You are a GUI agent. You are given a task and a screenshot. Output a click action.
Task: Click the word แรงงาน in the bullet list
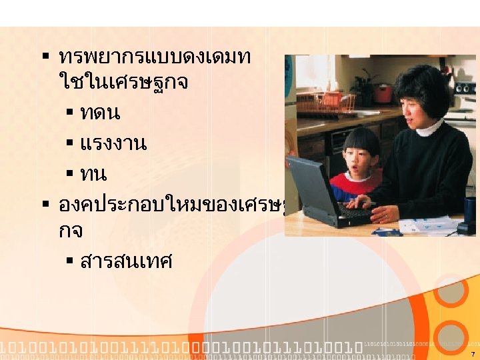coord(113,143)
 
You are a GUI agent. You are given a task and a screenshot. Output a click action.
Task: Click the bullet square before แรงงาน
coord(70,143)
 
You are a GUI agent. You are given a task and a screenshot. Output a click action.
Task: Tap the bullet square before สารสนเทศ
coord(70,261)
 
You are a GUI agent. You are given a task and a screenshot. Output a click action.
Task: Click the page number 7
coord(472,354)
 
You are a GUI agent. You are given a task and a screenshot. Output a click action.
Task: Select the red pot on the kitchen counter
coord(383,93)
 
